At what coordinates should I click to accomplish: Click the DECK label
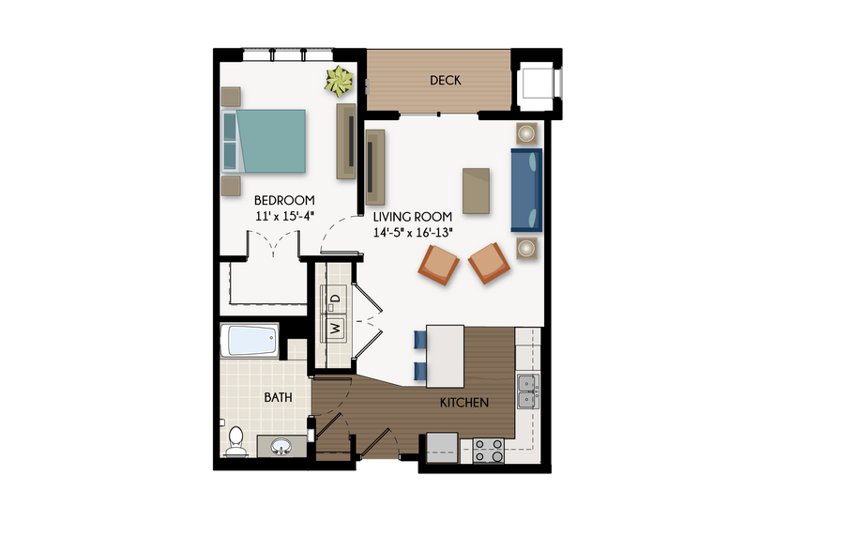pyautogui.click(x=446, y=81)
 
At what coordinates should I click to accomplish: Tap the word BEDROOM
pyautogui.click(x=284, y=200)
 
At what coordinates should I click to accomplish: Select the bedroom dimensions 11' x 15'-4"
pyautogui.click(x=284, y=216)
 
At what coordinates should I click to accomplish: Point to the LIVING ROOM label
pyautogui.click(x=413, y=216)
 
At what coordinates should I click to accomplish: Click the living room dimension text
pyautogui.click(x=414, y=232)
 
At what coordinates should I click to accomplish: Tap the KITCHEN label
pyautogui.click(x=464, y=403)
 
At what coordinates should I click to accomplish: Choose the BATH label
pyautogui.click(x=278, y=397)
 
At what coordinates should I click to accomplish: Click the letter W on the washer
pyautogui.click(x=335, y=329)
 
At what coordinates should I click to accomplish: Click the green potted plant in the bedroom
pyautogui.click(x=339, y=83)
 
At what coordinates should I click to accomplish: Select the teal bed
pyautogui.click(x=268, y=141)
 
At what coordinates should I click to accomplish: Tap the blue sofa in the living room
pyautogui.click(x=526, y=190)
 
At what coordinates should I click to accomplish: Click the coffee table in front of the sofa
pyautogui.click(x=477, y=191)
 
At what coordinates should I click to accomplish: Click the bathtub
pyautogui.click(x=249, y=340)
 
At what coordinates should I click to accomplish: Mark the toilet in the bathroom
pyautogui.click(x=235, y=441)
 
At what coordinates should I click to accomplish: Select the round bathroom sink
pyautogui.click(x=281, y=447)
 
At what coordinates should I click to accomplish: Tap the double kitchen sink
pyautogui.click(x=527, y=391)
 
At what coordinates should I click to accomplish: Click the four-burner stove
pyautogui.click(x=489, y=450)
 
